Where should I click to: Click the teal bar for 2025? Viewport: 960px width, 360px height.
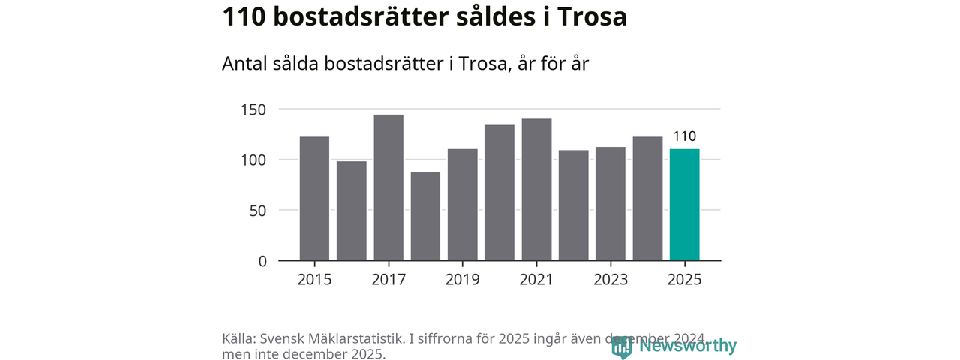click(684, 205)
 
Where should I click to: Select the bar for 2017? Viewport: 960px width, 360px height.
click(388, 187)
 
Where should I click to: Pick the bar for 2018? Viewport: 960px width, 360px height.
click(425, 216)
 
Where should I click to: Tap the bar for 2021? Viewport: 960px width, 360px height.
click(536, 190)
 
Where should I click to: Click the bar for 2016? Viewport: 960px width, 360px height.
click(351, 211)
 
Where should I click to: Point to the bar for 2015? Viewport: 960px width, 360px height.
click(314, 199)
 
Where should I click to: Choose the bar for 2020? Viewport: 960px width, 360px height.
click(499, 193)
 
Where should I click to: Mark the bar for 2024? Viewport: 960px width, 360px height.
click(647, 199)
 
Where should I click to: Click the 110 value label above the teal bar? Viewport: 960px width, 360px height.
click(684, 136)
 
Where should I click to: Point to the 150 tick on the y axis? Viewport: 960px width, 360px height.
click(253, 109)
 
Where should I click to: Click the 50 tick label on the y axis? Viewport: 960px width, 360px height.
click(258, 211)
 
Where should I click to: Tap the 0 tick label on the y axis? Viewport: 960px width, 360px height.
click(262, 261)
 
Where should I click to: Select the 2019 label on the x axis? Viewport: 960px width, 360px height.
click(462, 279)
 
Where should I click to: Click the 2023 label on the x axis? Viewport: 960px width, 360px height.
click(610, 279)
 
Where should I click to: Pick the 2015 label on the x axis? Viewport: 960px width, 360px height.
click(314, 279)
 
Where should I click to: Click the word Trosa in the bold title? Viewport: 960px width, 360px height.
click(591, 17)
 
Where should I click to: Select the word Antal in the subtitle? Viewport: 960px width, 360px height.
click(244, 64)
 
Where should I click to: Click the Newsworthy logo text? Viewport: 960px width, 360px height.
click(688, 346)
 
